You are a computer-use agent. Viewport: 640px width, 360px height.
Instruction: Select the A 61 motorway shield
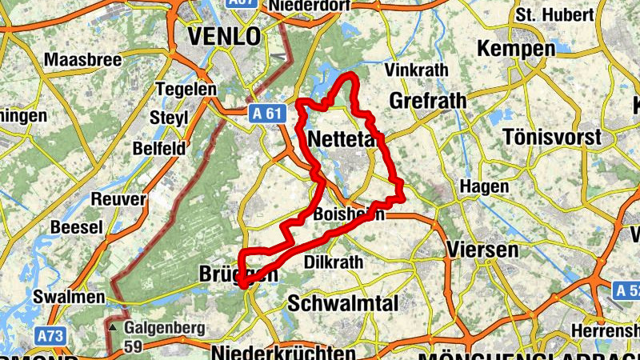pyautogui.click(x=264, y=113)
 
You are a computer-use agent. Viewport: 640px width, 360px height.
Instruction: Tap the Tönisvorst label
pyautogui.click(x=553, y=137)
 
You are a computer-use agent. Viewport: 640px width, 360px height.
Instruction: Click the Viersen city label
pyautogui.click(x=484, y=250)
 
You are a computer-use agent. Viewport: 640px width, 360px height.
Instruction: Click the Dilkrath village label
pyautogui.click(x=334, y=262)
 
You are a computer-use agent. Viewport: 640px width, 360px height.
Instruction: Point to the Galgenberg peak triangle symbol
pyautogui.click(x=113, y=328)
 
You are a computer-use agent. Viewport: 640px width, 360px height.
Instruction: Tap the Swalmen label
pyautogui.click(x=70, y=297)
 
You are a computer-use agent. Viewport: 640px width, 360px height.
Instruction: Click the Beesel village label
pyautogui.click(x=77, y=228)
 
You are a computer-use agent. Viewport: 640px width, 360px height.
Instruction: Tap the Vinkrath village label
pyautogui.click(x=416, y=70)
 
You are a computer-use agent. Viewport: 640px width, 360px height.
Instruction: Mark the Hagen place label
pyautogui.click(x=483, y=186)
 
